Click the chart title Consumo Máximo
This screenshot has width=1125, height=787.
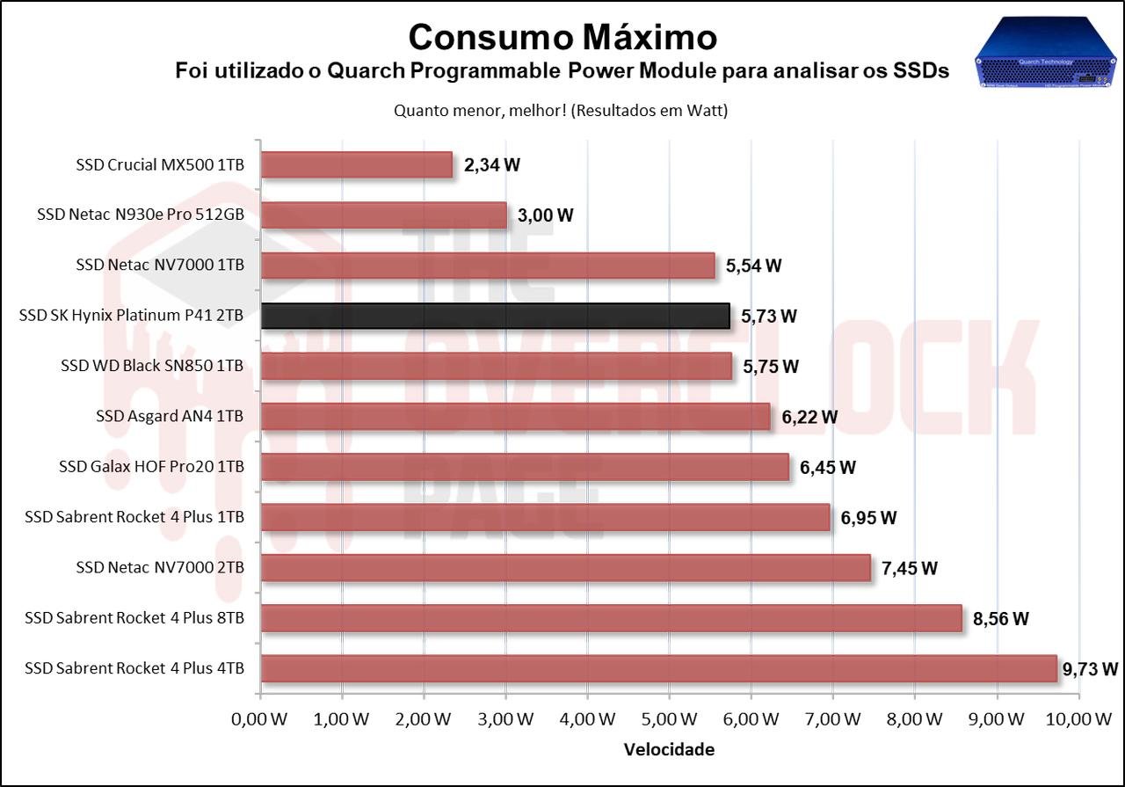click(562, 37)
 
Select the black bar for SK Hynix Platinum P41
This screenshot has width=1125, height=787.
click(495, 316)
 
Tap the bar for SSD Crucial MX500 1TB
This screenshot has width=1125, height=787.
click(356, 164)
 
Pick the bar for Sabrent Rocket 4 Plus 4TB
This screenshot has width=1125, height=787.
click(658, 668)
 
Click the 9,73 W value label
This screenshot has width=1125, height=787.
click(1090, 669)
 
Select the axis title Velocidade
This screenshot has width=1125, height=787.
click(669, 750)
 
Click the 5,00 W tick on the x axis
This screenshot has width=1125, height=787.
click(669, 719)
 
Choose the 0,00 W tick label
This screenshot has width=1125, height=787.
click(259, 719)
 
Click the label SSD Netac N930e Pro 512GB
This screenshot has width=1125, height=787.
click(141, 215)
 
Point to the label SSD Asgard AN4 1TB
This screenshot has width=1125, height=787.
click(170, 416)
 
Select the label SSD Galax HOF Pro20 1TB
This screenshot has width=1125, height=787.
click(151, 466)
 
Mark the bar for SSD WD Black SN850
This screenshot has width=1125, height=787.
click(496, 366)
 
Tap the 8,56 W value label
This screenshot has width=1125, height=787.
click(1000, 618)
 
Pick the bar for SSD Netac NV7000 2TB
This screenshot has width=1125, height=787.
click(565, 567)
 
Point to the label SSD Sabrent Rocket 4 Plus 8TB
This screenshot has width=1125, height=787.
click(134, 617)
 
